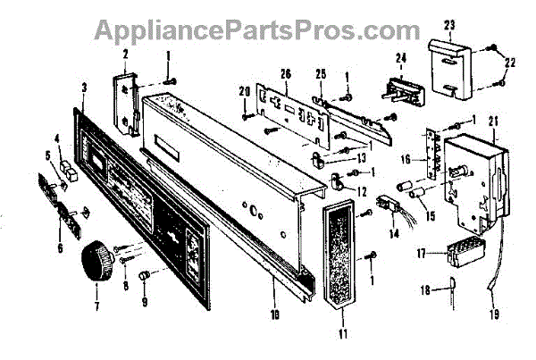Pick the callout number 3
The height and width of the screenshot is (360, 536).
[83, 88]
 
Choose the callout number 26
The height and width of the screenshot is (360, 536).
[286, 72]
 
